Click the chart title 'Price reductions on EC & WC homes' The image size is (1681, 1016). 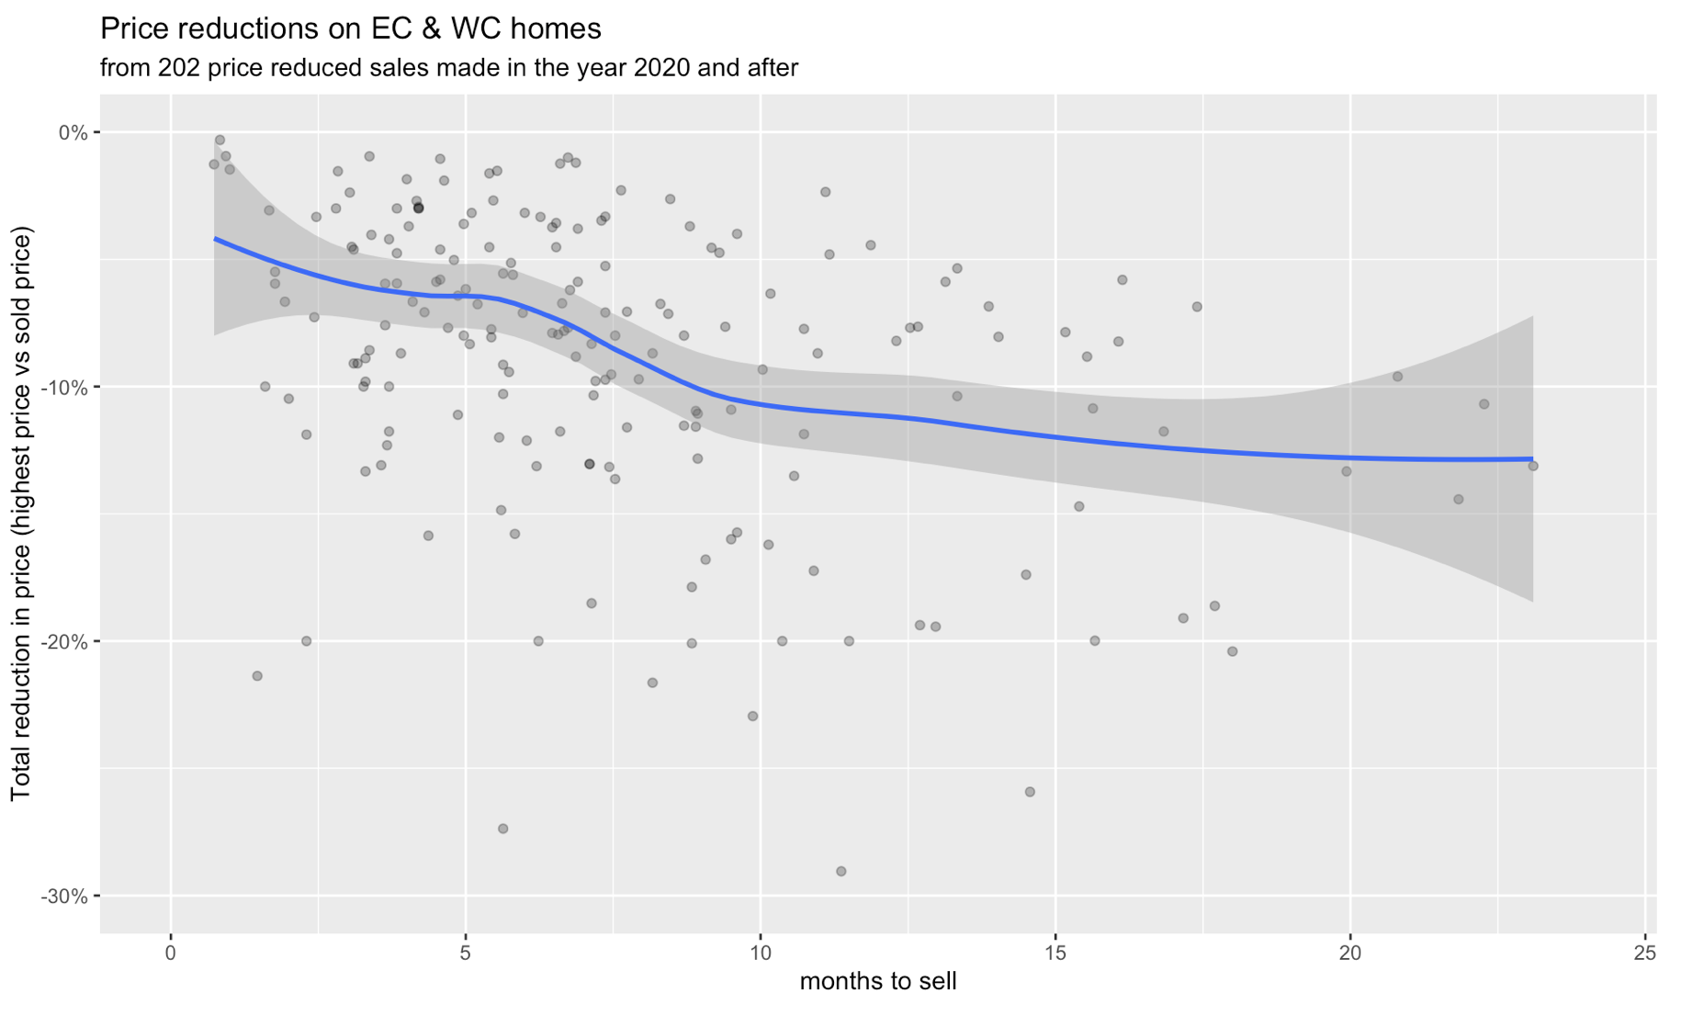coord(350,29)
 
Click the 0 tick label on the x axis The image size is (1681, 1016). coord(171,954)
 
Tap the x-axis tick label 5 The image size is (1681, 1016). coord(466,954)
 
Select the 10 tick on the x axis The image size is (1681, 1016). coord(761,954)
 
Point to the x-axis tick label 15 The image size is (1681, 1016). coord(1055,954)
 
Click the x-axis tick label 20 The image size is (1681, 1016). coord(1350,954)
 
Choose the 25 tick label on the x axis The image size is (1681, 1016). coord(1645,954)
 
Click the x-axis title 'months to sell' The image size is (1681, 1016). coord(878,982)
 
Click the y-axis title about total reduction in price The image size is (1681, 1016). coord(21,514)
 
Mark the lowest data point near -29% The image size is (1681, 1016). coord(840,871)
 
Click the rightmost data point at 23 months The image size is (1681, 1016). coord(1532,466)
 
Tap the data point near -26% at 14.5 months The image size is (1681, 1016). coord(1030,792)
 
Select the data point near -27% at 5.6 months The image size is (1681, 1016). coord(502,829)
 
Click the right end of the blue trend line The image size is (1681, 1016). coord(1531,459)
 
